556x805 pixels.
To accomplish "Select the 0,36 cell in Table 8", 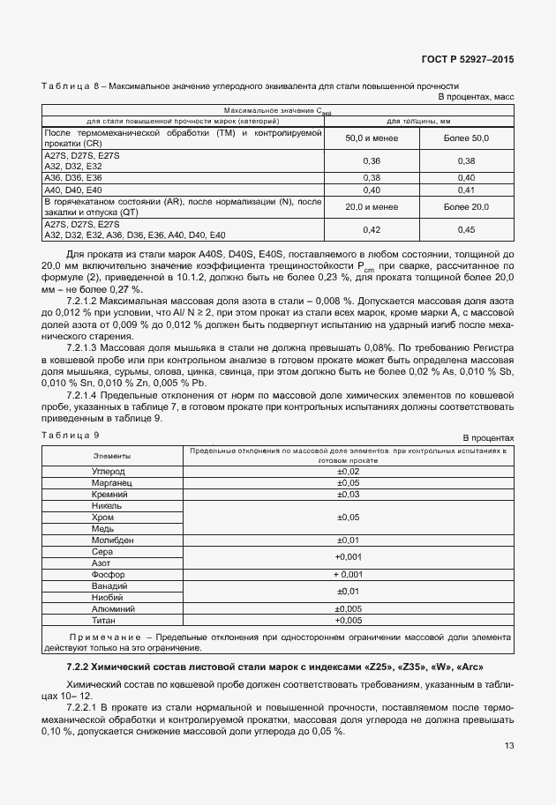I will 372,160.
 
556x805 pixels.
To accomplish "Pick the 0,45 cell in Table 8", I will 466,229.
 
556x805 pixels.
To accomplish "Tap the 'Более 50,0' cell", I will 466,138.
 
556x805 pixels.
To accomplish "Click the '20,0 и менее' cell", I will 372,206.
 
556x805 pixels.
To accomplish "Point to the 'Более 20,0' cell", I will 466,206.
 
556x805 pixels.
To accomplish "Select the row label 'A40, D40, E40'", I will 73,190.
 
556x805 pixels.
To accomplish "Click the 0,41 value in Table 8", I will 466,190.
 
